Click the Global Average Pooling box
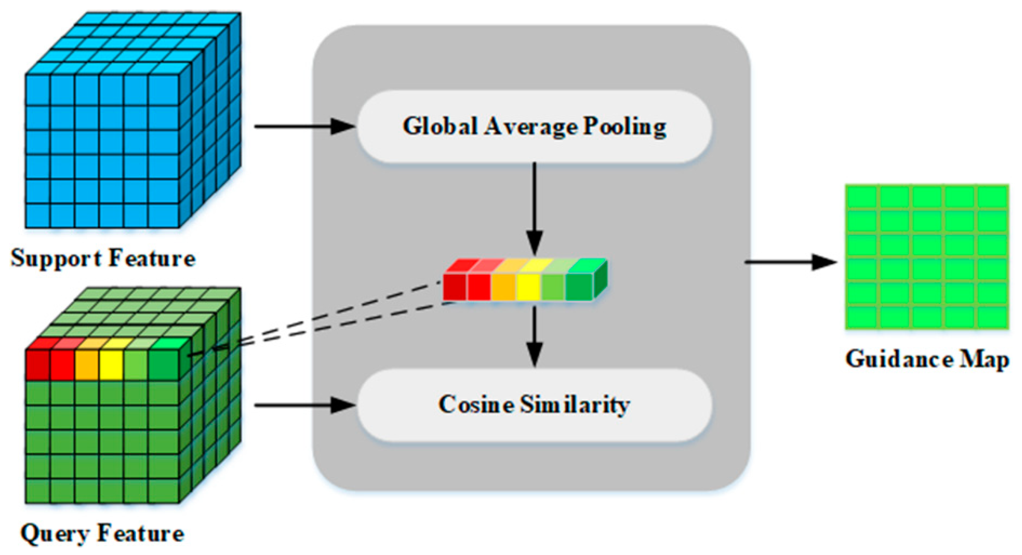[533, 127]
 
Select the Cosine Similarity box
[533, 405]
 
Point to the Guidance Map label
[927, 360]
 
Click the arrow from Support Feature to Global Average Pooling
[305, 127]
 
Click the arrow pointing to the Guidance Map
[790, 262]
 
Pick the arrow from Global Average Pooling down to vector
[534, 207]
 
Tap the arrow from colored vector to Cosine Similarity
[534, 334]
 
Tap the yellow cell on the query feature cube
[111, 364]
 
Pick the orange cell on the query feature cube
[87, 364]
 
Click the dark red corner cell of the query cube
[38, 364]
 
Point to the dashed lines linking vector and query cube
[319, 319]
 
